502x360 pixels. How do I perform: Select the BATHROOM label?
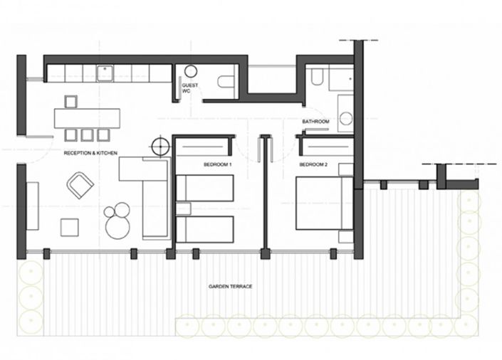tap(315, 122)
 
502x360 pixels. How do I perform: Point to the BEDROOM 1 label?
tap(217, 164)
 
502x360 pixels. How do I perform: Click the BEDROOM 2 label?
tap(313, 164)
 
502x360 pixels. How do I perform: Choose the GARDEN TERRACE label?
tap(231, 287)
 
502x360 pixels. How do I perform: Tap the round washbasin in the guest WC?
tap(191, 71)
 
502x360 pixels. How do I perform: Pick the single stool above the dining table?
tap(70, 100)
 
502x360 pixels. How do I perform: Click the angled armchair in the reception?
tap(80, 186)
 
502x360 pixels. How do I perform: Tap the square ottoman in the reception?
tap(69, 227)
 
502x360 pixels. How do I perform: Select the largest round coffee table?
tap(118, 227)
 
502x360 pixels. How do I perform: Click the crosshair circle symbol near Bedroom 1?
tap(157, 148)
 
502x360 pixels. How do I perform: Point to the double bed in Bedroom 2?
tap(324, 203)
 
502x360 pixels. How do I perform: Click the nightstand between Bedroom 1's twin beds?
tap(183, 208)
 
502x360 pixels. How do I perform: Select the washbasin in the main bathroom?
tap(346, 117)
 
